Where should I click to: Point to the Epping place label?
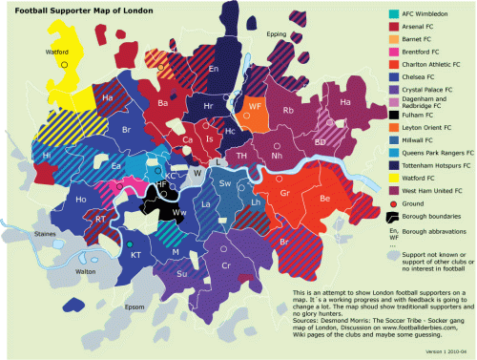pyautogui.click(x=277, y=33)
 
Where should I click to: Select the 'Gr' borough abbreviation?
pyautogui.click(x=284, y=193)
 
